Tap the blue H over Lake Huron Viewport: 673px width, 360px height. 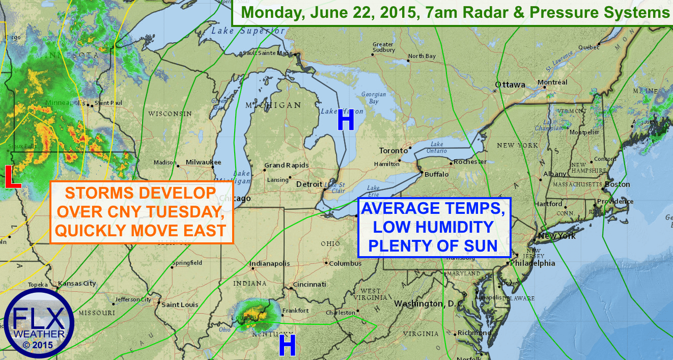pyautogui.click(x=346, y=121)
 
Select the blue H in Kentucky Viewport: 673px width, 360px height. pyautogui.click(x=287, y=347)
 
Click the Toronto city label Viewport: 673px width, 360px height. pyautogui.click(x=394, y=151)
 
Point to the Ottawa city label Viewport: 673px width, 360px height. pyautogui.click(x=510, y=85)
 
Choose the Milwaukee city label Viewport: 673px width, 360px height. pyautogui.click(x=203, y=162)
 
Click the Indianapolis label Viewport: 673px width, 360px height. pyautogui.click(x=269, y=263)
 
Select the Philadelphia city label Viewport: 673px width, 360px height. pyautogui.click(x=534, y=263)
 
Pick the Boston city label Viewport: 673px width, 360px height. pyautogui.click(x=618, y=184)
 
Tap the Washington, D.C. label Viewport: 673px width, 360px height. pyautogui.click(x=426, y=303)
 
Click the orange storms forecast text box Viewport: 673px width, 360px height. pyautogui.click(x=142, y=212)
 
